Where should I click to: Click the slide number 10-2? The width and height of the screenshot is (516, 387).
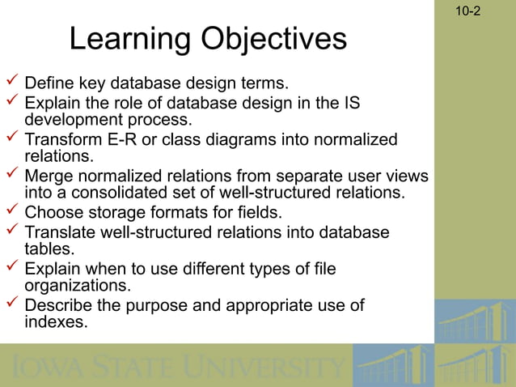coord(468,11)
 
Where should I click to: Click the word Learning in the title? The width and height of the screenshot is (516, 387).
coord(129,39)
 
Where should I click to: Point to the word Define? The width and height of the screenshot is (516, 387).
coord(49,83)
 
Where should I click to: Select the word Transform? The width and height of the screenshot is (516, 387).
coord(61,139)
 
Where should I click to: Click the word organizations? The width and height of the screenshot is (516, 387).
coord(78,285)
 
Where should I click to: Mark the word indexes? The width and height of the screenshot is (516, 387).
coord(56,322)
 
